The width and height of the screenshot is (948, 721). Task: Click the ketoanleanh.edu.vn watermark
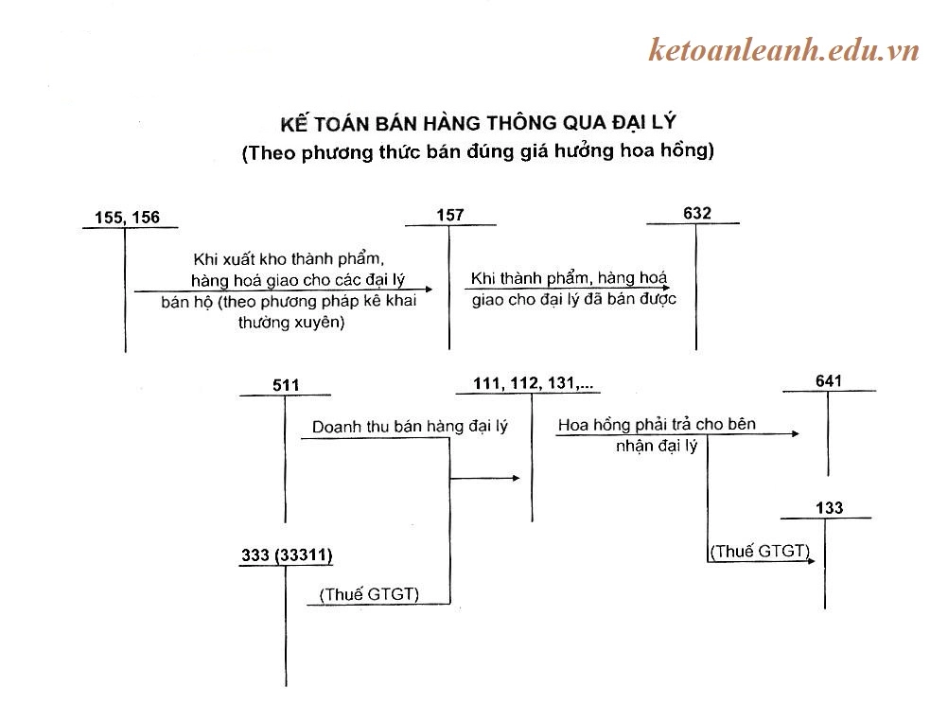pyautogui.click(x=783, y=50)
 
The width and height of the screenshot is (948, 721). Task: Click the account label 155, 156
pyautogui.click(x=127, y=219)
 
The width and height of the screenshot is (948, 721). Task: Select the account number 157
pyautogui.click(x=450, y=216)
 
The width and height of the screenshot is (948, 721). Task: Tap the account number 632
pyautogui.click(x=696, y=213)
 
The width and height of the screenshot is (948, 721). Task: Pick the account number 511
pyautogui.click(x=285, y=385)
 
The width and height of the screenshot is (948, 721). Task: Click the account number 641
pyautogui.click(x=829, y=381)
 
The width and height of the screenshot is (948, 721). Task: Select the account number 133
pyautogui.click(x=829, y=509)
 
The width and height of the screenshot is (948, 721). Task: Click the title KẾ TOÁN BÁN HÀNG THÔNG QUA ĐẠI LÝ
pyautogui.click(x=479, y=123)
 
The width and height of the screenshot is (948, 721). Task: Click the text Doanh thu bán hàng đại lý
pyautogui.click(x=410, y=427)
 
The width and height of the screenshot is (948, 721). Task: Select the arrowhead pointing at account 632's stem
pyautogui.click(x=665, y=287)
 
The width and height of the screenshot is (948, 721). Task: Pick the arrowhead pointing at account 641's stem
pyautogui.click(x=796, y=433)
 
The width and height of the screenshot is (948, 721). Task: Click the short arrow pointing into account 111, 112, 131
pyautogui.click(x=515, y=478)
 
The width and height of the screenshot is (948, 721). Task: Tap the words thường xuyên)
pyautogui.click(x=290, y=323)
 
